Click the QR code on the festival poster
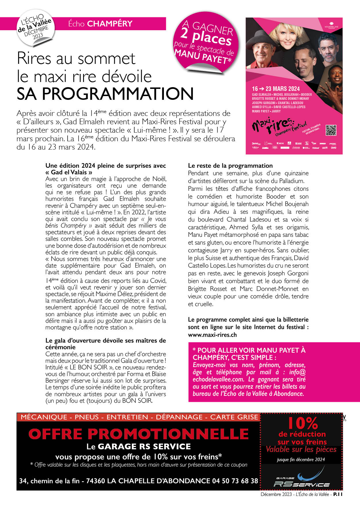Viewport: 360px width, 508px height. [x=331, y=130]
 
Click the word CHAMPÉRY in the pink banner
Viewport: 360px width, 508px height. [x=110, y=24]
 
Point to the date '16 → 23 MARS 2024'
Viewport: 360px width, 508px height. [x=276, y=89]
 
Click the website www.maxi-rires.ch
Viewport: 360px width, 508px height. [x=212, y=335]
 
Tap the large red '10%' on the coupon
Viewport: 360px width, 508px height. [x=302, y=423]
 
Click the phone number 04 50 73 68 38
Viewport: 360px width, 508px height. [x=235, y=481]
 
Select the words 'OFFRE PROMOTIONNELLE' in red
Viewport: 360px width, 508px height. [x=139, y=434]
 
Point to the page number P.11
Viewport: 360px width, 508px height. [x=338, y=494]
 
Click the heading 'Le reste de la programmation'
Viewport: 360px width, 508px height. [x=230, y=166]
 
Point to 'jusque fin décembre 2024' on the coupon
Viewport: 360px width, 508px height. [x=301, y=459]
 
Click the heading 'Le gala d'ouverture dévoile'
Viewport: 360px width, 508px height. [x=106, y=341]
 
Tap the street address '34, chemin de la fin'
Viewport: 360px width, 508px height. [x=49, y=481]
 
